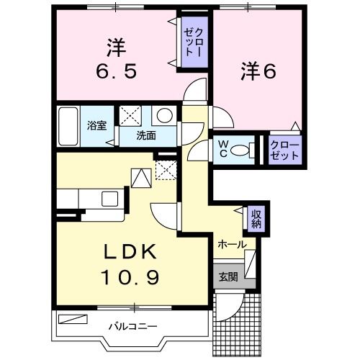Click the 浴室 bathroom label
click(96, 125)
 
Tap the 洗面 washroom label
click(146, 136)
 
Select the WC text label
click(223, 149)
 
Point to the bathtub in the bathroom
click(68, 126)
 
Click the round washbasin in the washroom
click(164, 115)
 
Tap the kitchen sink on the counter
click(110, 199)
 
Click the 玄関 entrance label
click(228, 277)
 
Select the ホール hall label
click(232, 245)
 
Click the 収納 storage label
click(256, 218)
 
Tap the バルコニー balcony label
click(133, 326)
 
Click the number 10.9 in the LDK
click(130, 276)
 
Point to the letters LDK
click(130, 251)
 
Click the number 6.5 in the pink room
click(117, 71)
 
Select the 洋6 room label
click(258, 71)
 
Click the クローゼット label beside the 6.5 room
click(194, 42)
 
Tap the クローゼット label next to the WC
click(284, 150)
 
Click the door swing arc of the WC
click(196, 149)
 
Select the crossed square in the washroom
click(130, 116)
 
